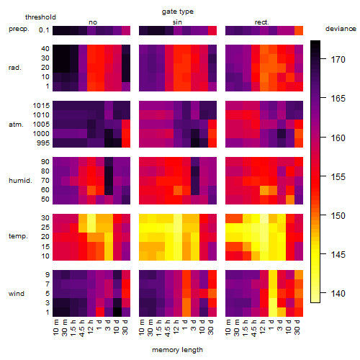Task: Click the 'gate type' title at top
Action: [x=178, y=12]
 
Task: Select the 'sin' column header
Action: [x=177, y=22]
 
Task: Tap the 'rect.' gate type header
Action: [x=261, y=22]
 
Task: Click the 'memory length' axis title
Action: [x=177, y=350]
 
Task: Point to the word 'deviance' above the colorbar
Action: [x=341, y=29]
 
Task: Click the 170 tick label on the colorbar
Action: [x=338, y=59]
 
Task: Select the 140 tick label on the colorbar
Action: [x=338, y=293]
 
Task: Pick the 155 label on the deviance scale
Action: [x=338, y=177]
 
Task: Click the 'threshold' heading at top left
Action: [x=40, y=17]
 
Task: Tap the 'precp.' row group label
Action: [x=19, y=29]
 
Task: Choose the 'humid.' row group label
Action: [x=20, y=180]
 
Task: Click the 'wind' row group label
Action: [x=17, y=294]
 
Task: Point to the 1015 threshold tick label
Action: [x=41, y=105]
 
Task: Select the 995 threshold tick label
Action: [x=43, y=143]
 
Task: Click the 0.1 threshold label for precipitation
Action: [x=44, y=30]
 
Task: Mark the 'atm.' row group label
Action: [x=16, y=125]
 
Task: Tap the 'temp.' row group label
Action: [x=18, y=236]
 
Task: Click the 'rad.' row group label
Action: [x=15, y=68]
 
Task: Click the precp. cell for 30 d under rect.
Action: [x=299, y=30]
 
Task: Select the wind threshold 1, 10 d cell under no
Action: [x=117, y=312]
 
